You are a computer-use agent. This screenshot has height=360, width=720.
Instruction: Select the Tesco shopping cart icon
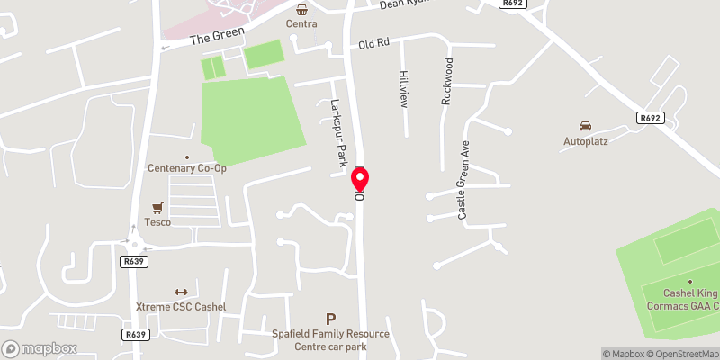pos(158,207)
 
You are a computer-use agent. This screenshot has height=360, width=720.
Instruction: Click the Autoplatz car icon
pos(585,126)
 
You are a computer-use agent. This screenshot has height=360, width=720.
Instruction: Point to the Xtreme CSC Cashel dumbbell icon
pos(179,292)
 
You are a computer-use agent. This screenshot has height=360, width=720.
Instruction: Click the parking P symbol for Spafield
pos(330,319)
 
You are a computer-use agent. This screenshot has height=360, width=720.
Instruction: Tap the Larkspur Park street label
pos(338,133)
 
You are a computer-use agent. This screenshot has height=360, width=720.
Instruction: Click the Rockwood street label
pos(446,83)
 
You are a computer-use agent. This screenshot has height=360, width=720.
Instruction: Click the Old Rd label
pos(373,43)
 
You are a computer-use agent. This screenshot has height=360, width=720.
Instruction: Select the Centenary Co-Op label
pos(187,168)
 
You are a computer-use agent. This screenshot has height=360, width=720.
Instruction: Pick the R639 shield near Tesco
pos(134,261)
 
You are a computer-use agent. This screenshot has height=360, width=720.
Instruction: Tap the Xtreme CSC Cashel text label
pos(180,307)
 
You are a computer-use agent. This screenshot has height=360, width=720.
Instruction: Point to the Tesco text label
pos(157,222)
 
